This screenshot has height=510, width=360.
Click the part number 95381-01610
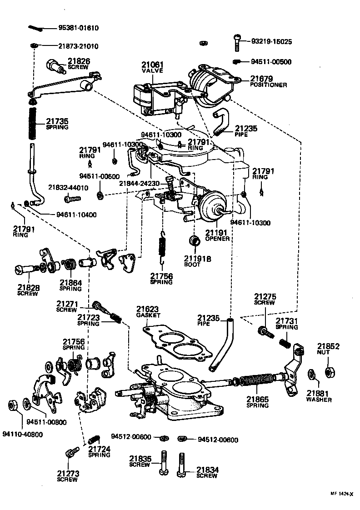click(x=78, y=28)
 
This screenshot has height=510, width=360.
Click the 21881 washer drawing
click(x=312, y=375)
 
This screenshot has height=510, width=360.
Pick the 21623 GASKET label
click(x=148, y=311)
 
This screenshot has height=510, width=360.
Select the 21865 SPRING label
click(x=258, y=403)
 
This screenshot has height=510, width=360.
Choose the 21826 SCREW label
click(x=79, y=63)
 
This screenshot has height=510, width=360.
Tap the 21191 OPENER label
click(x=217, y=235)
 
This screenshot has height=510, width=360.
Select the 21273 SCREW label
click(x=68, y=475)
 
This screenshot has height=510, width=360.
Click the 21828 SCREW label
click(x=29, y=290)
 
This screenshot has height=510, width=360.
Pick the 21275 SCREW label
click(x=265, y=299)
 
